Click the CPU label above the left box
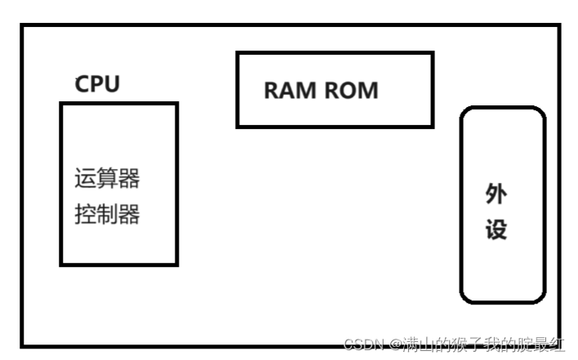coord(97,84)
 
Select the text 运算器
coord(107,179)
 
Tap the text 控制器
coord(107,215)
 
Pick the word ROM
coord(352,91)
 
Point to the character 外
coord(496,194)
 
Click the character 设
coord(496,229)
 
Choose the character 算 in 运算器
coord(107,179)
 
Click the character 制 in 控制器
coord(107,215)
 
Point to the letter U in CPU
coord(112,84)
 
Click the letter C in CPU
coord(82,84)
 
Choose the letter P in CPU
coord(97,84)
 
